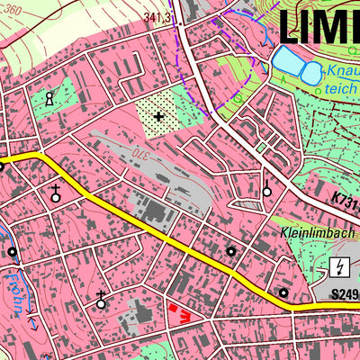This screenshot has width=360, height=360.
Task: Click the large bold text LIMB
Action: [x=319, y=26]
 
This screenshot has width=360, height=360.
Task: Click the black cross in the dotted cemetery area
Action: [x=159, y=115]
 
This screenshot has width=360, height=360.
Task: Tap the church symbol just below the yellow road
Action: [x=55, y=192]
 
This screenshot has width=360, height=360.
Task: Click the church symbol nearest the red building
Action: [x=101, y=301]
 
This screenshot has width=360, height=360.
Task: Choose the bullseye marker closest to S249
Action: [x=283, y=292]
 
